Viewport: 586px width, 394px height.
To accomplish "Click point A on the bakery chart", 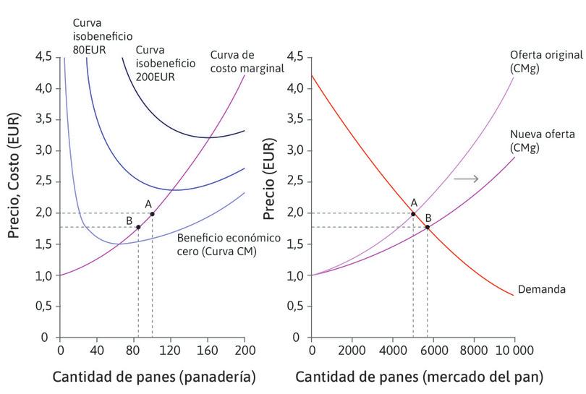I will (x=152, y=214).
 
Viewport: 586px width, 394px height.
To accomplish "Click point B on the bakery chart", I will (x=138, y=227).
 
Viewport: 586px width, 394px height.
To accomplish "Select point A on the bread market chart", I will (x=413, y=214).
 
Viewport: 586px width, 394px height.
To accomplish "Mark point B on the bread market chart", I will (x=428, y=227).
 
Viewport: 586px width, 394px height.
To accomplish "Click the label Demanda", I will (x=540, y=290).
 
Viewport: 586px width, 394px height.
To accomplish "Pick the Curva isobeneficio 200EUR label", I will (x=166, y=63).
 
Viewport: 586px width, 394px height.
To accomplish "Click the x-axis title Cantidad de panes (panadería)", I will (x=153, y=377).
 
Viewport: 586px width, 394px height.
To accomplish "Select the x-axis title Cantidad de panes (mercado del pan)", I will (x=419, y=377).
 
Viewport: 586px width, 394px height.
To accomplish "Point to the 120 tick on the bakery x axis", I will (x=171, y=351).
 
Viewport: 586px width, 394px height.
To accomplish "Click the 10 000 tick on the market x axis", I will (x=514, y=351).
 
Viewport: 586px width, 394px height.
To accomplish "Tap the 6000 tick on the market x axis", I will (x=433, y=351).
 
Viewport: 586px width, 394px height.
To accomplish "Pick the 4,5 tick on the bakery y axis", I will (x=43, y=57).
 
